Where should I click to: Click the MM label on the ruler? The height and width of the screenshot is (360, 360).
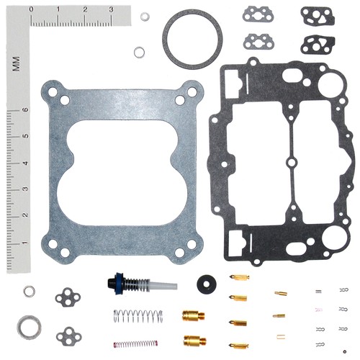click(x=17, y=64)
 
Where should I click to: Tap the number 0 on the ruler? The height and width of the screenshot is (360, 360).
click(x=31, y=9)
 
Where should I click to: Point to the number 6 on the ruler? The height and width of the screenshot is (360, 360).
click(x=25, y=109)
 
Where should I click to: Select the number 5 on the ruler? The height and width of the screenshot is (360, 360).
click(x=25, y=136)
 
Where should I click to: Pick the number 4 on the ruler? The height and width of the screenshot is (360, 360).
click(x=25, y=163)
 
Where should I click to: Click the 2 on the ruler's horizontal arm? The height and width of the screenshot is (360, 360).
click(x=85, y=9)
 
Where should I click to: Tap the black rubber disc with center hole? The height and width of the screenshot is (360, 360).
click(x=207, y=284)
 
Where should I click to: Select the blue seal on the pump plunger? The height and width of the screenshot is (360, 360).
click(x=118, y=284)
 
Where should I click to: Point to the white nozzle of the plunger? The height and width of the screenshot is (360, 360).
click(x=163, y=285)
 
